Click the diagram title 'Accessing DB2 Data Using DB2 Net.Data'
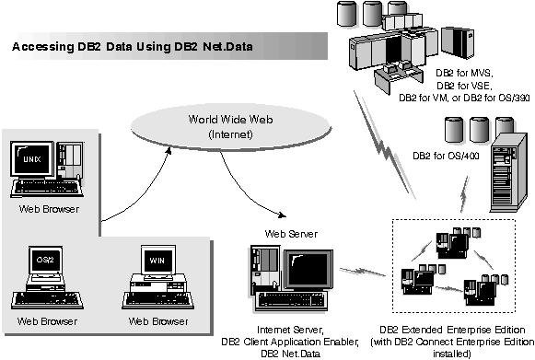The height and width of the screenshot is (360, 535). point(131,43)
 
